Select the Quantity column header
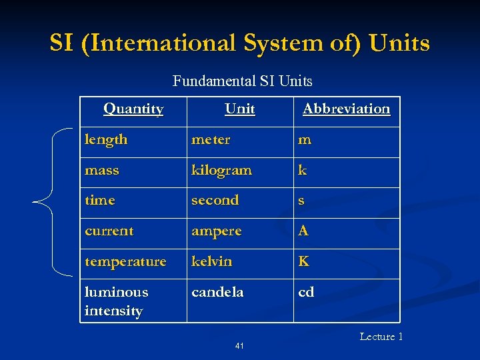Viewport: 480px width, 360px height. [133, 109]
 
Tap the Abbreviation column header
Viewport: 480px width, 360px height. [346, 109]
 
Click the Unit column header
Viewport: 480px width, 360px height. [239, 109]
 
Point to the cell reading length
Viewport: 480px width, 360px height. [106, 140]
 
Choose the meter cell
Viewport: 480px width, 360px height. [211, 140]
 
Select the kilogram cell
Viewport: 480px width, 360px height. [221, 171]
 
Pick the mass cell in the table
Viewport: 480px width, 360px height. [102, 171]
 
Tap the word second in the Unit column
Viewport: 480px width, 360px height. [215, 200]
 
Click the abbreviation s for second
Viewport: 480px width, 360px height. [302, 201]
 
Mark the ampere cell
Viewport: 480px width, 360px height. [216, 231]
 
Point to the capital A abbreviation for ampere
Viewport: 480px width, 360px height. [303, 231]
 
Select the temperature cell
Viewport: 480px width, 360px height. [125, 261]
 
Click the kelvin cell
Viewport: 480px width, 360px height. [211, 261]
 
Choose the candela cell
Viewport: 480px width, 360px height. [217, 292]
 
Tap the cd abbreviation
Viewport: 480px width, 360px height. [306, 292]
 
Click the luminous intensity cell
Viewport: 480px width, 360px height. [116, 301]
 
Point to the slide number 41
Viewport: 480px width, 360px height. [239, 346]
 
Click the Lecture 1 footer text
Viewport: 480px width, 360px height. [381, 337]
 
